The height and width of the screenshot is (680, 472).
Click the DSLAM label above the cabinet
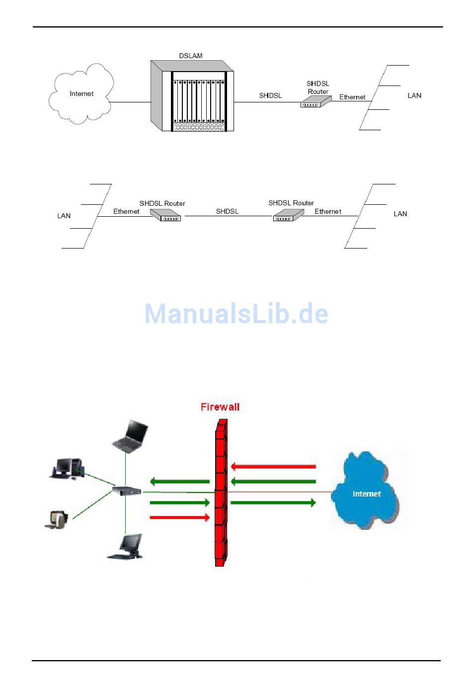click(191, 56)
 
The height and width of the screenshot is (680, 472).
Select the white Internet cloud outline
click(81, 94)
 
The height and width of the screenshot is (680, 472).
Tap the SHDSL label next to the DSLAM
click(270, 95)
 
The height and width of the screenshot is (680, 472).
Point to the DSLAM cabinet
click(192, 96)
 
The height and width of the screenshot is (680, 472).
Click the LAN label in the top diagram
click(414, 95)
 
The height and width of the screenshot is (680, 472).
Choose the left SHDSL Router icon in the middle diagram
click(165, 215)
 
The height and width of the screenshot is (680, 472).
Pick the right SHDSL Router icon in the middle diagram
click(288, 215)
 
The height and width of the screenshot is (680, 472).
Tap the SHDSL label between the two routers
click(227, 211)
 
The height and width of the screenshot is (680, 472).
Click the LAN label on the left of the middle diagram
click(64, 216)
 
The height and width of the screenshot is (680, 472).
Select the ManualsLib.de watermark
click(236, 314)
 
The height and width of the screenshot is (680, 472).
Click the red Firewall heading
click(220, 407)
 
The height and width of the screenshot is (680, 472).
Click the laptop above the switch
click(130, 436)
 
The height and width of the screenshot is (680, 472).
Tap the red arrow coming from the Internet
click(273, 466)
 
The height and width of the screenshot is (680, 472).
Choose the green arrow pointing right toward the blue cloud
click(273, 503)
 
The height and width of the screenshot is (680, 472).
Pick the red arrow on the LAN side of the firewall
click(179, 518)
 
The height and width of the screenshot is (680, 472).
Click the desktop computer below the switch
click(126, 547)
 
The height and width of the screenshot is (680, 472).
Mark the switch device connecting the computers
click(127, 491)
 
